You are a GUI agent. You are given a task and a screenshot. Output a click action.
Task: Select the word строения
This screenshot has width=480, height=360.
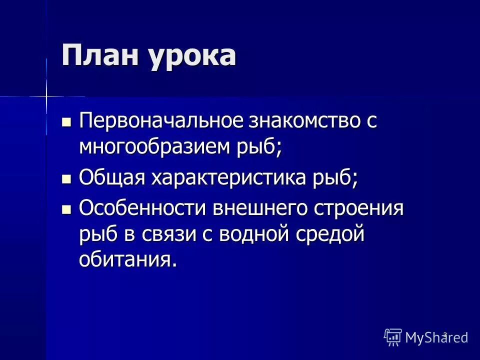coord(358,207)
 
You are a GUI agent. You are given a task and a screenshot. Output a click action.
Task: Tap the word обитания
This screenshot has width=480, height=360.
coord(127,259)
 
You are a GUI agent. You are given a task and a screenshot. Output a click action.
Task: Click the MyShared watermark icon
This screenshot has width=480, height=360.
coord(393,337)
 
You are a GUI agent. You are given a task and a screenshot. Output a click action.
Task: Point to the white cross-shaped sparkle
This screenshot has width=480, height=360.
coord(46,96)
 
